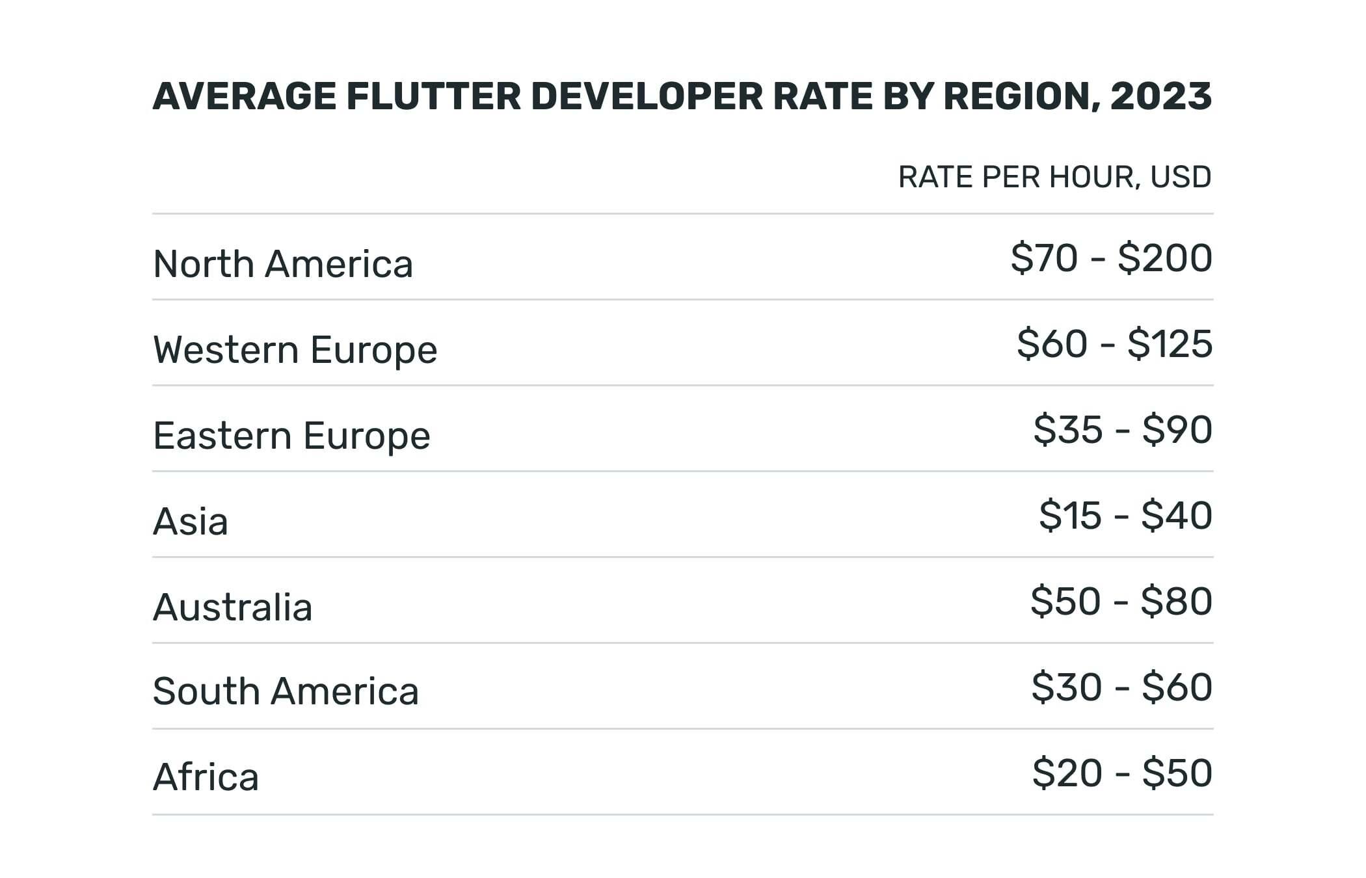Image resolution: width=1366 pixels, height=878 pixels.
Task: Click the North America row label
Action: pyautogui.click(x=283, y=264)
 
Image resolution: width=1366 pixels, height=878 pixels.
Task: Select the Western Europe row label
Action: pyautogui.click(x=295, y=350)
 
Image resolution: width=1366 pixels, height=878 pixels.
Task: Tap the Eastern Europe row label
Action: pyautogui.click(x=291, y=436)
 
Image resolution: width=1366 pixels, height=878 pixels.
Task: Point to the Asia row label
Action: pyautogui.click(x=191, y=522)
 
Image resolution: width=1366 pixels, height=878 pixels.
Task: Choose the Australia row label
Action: pyautogui.click(x=232, y=607)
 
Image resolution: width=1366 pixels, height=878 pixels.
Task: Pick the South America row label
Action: pyautogui.click(x=286, y=691)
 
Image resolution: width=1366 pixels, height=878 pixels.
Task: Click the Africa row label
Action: pyautogui.click(x=206, y=777)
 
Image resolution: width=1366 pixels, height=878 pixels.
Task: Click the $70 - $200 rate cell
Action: pyautogui.click(x=1111, y=258)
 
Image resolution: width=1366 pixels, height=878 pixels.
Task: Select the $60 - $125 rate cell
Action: pyautogui.click(x=1114, y=344)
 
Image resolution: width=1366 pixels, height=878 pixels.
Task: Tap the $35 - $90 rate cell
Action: pyautogui.click(x=1123, y=430)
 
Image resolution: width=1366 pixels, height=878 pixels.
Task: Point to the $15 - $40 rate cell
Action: pyautogui.click(x=1125, y=516)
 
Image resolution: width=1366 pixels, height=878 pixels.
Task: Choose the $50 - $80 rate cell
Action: pyautogui.click(x=1121, y=602)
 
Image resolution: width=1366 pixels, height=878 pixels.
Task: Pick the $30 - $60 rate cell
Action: pyautogui.click(x=1121, y=687)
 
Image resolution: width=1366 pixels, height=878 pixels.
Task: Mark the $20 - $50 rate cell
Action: pyautogui.click(x=1122, y=773)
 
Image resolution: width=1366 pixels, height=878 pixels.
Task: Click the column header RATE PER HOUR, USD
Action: pyautogui.click(x=1054, y=177)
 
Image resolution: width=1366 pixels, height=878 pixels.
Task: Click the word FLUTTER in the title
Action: pyautogui.click(x=433, y=96)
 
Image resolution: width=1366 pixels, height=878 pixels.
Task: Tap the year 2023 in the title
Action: pyautogui.click(x=1161, y=96)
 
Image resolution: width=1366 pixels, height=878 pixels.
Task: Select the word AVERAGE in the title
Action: pyautogui.click(x=244, y=96)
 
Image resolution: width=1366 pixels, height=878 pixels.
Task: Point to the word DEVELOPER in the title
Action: pyautogui.click(x=647, y=96)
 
